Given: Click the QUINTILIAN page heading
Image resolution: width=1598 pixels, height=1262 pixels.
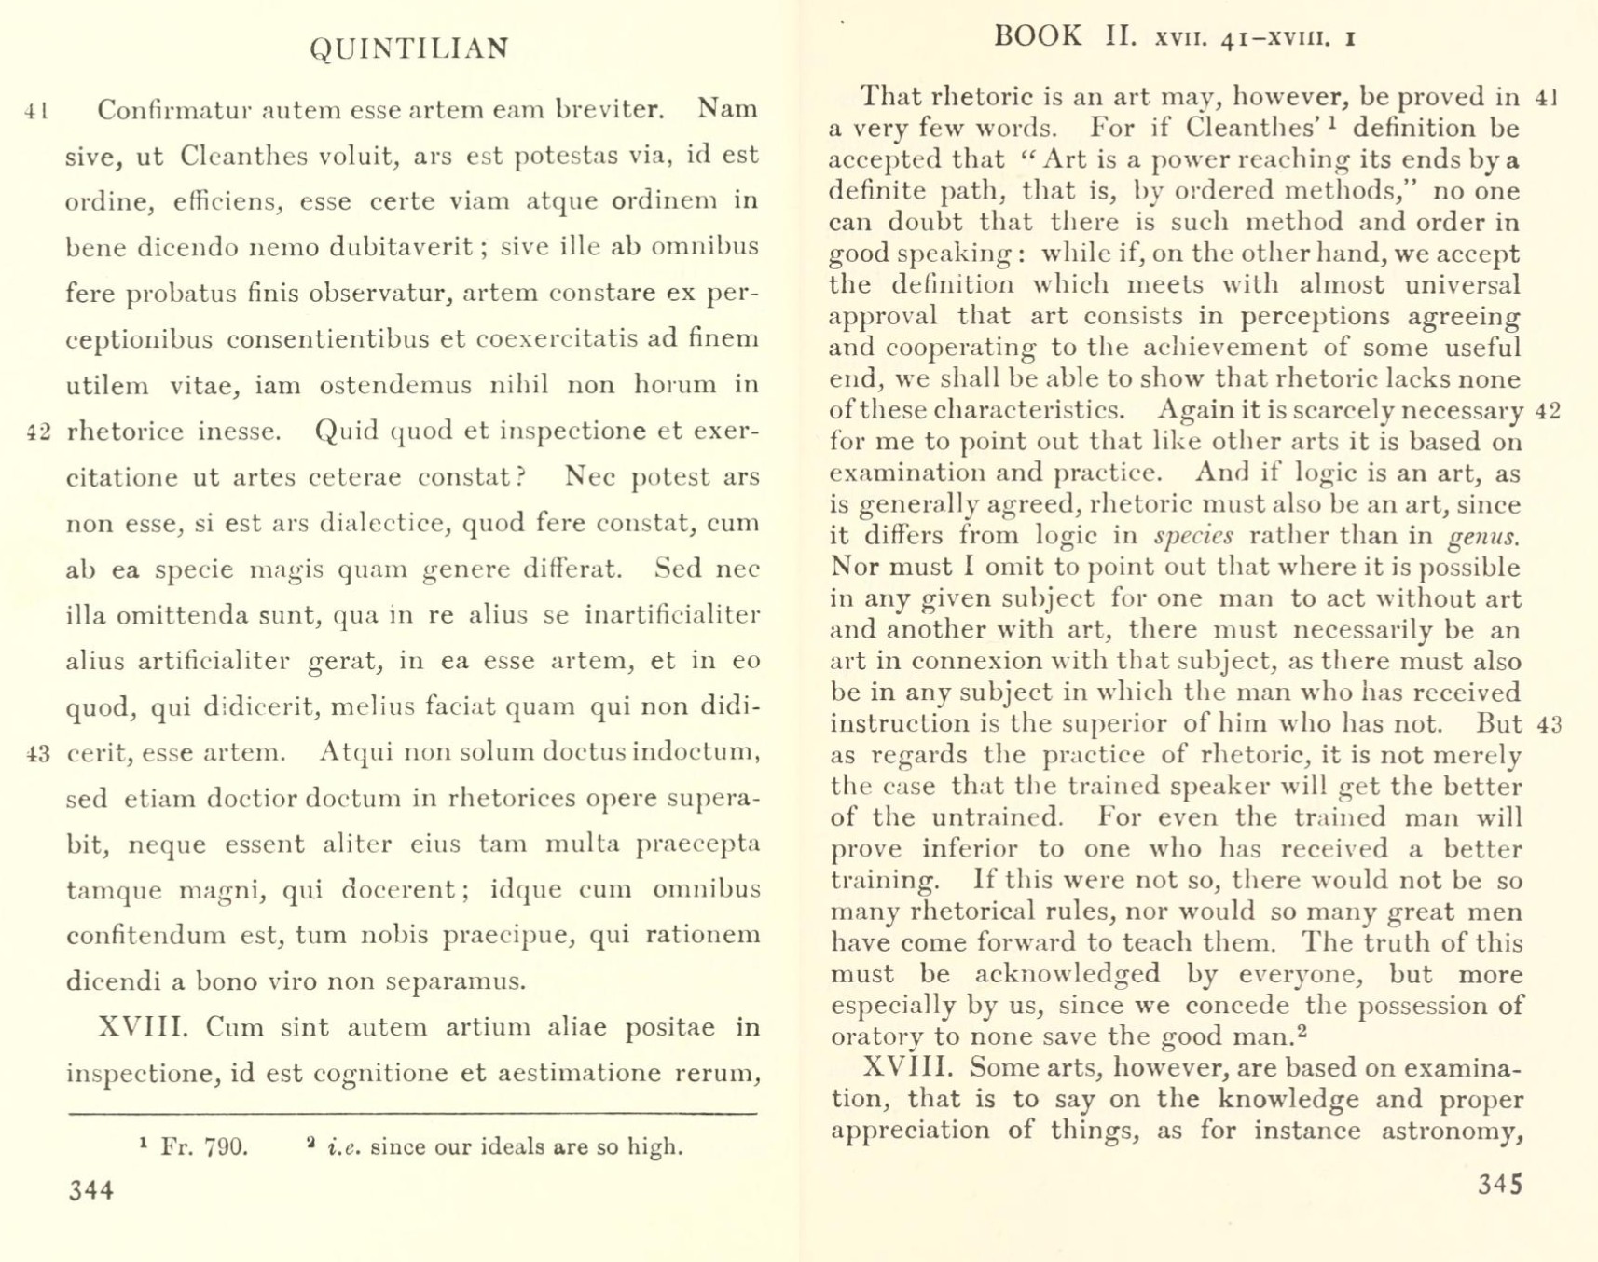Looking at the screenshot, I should pyautogui.click(x=409, y=48).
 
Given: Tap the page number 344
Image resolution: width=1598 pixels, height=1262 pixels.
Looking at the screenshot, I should pyautogui.click(x=91, y=1190).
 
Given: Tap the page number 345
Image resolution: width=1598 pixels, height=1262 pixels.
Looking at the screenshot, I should pyautogui.click(x=1499, y=1185).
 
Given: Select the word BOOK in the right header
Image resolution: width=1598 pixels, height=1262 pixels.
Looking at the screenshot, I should pyautogui.click(x=1037, y=36).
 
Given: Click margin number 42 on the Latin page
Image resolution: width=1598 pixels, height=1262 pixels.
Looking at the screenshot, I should pyautogui.click(x=38, y=432).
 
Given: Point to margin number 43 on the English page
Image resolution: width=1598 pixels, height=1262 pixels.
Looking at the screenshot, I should pyautogui.click(x=1549, y=725).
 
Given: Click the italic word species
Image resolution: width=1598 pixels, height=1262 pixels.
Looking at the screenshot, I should pyautogui.click(x=1193, y=537).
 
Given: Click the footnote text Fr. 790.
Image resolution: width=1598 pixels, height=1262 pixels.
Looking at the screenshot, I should pyautogui.click(x=204, y=1146).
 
